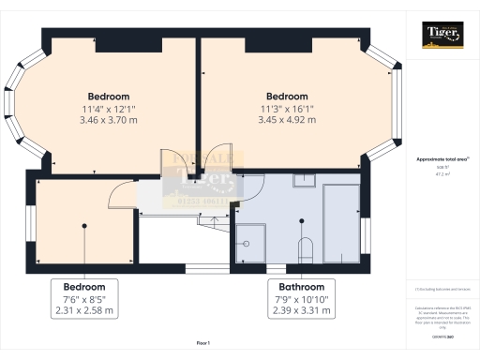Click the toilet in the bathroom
tap(303, 249)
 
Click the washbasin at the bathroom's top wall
tap(303, 183)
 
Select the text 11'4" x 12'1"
tap(109, 109)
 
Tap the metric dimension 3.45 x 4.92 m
tap(287, 120)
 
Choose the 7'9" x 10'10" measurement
tap(301, 299)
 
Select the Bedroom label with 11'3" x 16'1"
tap(287, 97)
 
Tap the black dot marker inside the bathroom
tap(302, 221)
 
